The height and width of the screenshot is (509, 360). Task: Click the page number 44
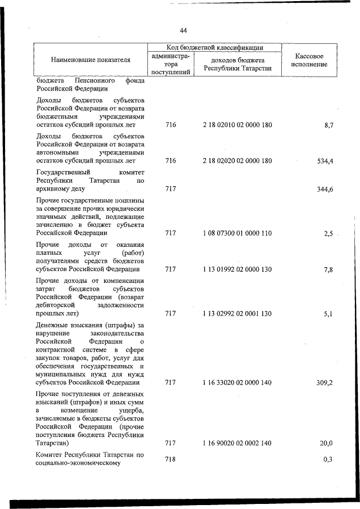click(x=183, y=30)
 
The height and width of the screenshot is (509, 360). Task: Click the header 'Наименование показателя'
click(x=91, y=60)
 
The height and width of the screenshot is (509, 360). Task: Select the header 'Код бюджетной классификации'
click(x=215, y=48)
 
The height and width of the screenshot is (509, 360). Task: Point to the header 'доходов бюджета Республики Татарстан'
click(x=237, y=64)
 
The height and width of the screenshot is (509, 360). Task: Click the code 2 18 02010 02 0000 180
click(x=237, y=125)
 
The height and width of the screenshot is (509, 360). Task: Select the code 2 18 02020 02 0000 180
click(x=237, y=161)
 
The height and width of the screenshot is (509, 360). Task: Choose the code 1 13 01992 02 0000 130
click(x=237, y=269)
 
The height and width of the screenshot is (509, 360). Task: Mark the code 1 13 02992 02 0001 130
click(x=237, y=313)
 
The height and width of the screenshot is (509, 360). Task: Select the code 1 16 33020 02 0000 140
click(x=237, y=382)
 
